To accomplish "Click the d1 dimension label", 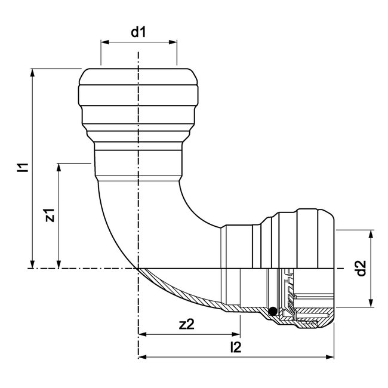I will (138, 32).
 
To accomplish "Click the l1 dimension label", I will (23, 168).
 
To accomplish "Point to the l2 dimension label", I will (236, 347).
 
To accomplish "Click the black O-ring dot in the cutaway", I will (272, 310).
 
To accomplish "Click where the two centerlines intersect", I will (138, 269).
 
